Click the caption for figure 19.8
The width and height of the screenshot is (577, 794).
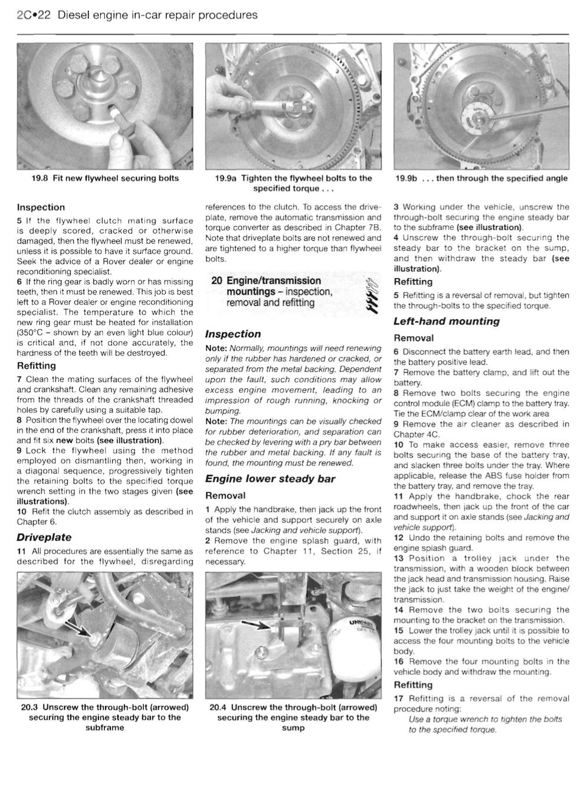105,178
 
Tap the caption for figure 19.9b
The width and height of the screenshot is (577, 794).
481,178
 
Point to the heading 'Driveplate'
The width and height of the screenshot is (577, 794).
44,537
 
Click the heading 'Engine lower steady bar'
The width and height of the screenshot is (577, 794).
270,479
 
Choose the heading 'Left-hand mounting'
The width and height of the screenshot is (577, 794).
446,321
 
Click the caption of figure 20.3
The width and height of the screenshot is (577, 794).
105,717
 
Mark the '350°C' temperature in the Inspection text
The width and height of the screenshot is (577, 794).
31,333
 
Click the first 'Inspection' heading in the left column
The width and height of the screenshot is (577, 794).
41,208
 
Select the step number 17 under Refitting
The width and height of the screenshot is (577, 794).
399,698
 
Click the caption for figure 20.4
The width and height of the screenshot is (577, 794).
293,717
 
